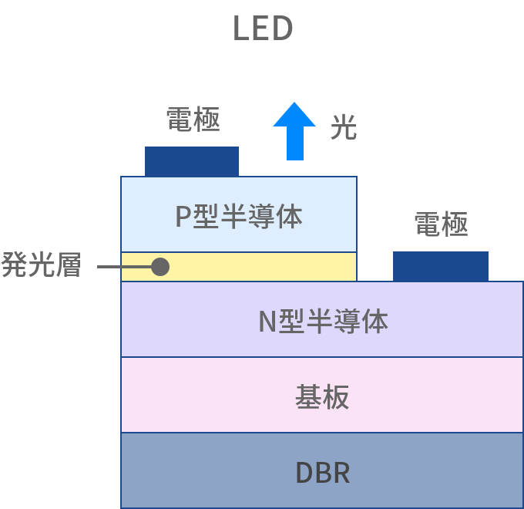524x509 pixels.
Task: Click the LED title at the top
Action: (262, 29)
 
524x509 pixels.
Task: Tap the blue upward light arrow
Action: (294, 133)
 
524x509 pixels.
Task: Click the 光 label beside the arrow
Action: (343, 127)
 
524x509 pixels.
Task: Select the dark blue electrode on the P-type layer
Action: (192, 161)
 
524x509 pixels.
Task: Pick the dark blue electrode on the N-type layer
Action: (440, 266)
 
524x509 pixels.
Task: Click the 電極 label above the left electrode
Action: (193, 120)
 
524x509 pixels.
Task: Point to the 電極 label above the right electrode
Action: (441, 224)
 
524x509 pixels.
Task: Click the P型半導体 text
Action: (238, 216)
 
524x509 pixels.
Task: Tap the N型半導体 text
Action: (322, 320)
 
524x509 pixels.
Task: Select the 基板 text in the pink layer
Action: (322, 396)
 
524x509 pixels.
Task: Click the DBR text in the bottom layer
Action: (322, 473)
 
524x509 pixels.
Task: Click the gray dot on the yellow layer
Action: (160, 267)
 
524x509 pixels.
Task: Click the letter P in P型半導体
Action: (182, 217)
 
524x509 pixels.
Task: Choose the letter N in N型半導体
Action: (266, 321)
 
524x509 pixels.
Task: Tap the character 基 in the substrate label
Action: (308, 396)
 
